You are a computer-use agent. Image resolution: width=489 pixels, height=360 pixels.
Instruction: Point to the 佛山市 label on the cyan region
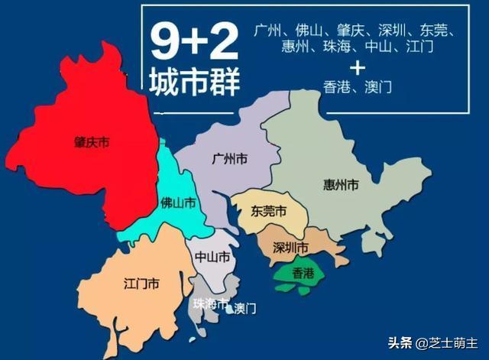[178, 203]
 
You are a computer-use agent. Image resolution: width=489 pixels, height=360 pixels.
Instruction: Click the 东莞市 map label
[270, 211]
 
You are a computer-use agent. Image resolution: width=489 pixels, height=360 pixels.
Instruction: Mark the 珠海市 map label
[212, 304]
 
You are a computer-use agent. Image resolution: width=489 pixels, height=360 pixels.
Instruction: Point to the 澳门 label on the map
[244, 308]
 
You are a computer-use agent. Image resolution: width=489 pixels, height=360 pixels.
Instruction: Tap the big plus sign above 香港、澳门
[356, 69]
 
